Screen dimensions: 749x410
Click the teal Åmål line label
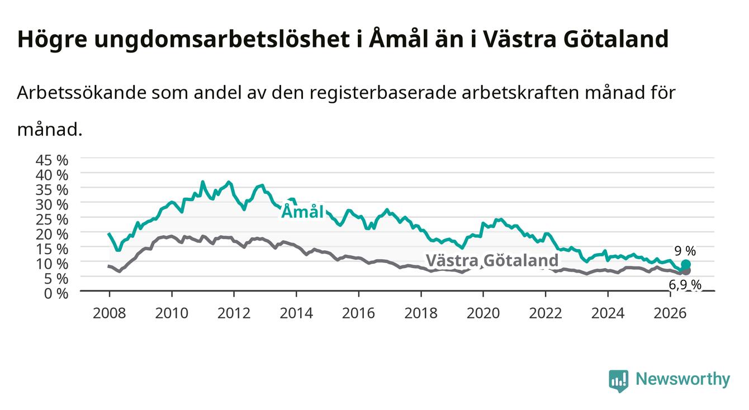point(302,212)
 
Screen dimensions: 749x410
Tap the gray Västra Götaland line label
point(492,260)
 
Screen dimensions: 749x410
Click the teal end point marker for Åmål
point(685,264)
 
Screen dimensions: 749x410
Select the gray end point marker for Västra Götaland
point(686,271)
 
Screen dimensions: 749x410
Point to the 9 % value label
point(685,251)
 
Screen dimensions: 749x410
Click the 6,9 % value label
point(685,285)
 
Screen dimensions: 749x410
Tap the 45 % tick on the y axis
point(52,160)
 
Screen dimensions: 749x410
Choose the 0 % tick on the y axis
point(56,294)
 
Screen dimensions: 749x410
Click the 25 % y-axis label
point(52,220)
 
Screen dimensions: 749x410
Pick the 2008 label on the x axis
point(109,313)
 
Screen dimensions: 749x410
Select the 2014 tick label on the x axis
point(296,313)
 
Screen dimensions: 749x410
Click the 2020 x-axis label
point(483,313)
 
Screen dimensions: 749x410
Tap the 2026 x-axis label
point(670,313)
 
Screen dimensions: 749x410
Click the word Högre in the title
point(53,40)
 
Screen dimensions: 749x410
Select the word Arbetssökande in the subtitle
point(82,93)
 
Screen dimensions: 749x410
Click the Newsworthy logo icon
point(619,381)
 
